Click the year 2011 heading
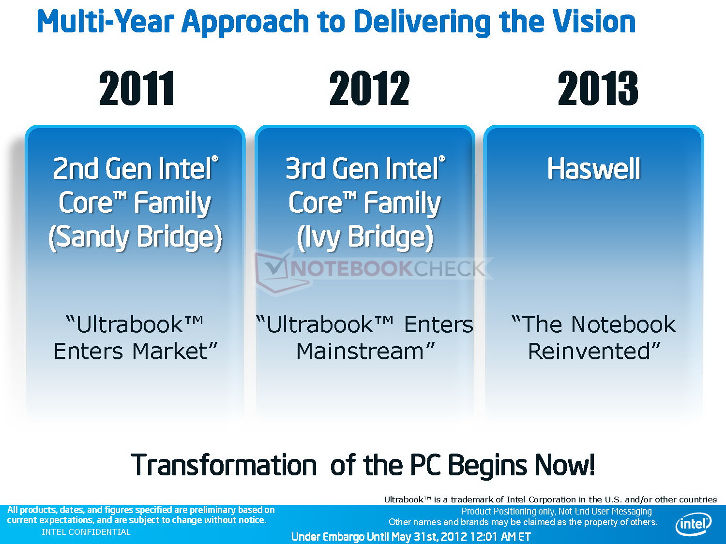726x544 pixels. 136,88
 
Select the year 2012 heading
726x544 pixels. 369,88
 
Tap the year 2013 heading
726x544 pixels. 598,88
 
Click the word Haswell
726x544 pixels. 594,169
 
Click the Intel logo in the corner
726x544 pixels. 694,524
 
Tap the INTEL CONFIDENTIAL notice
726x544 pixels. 86,532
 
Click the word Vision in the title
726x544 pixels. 594,22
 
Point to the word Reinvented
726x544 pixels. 594,351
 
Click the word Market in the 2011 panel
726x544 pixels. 175,351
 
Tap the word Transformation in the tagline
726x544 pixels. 224,465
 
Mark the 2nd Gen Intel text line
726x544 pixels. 135,169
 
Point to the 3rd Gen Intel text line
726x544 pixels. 365,169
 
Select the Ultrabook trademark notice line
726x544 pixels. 550,500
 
